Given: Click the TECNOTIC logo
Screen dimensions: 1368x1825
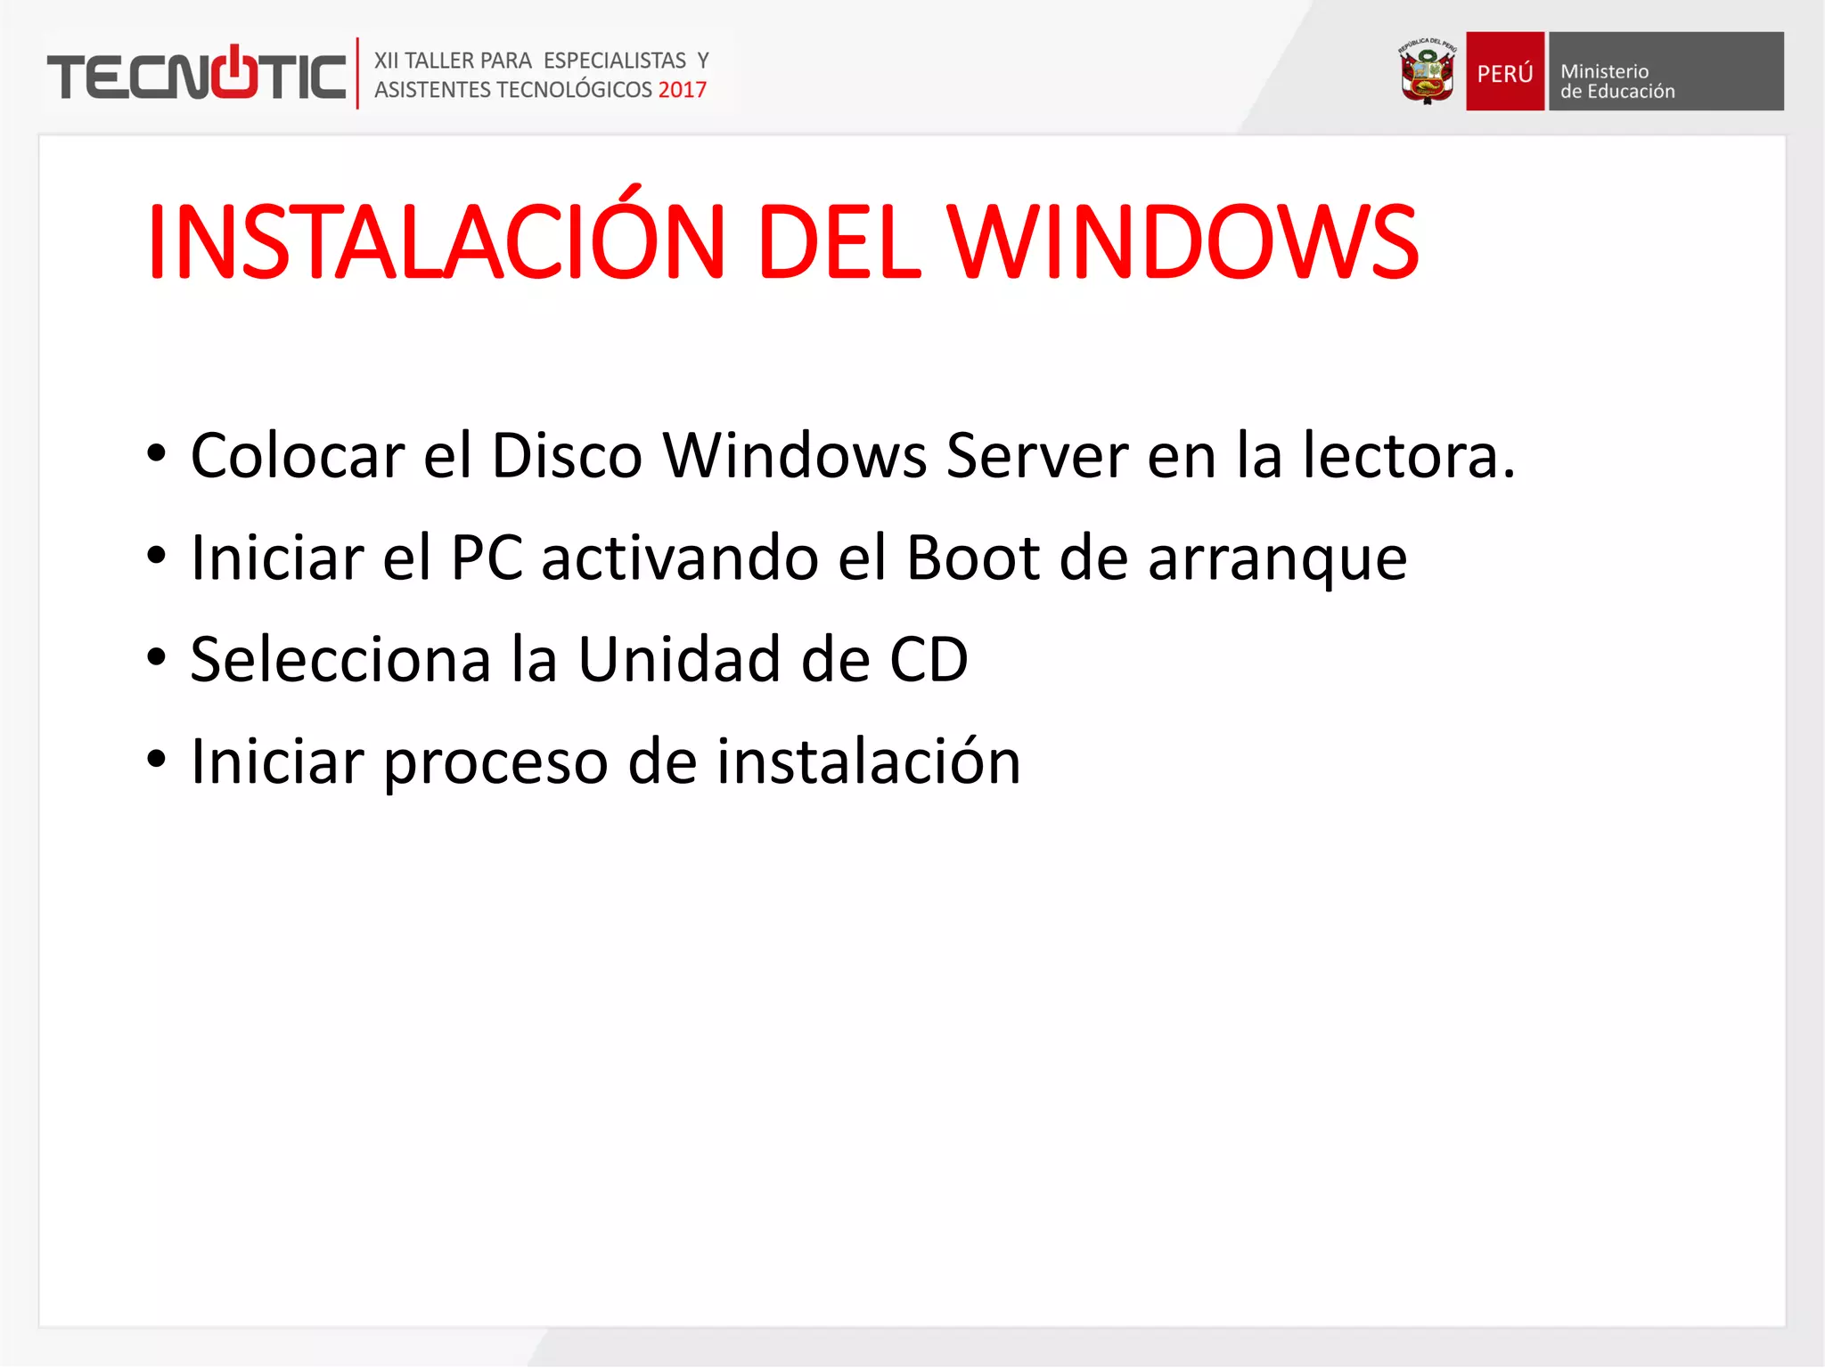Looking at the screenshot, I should [x=196, y=75].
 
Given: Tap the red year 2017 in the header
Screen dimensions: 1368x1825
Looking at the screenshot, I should [x=682, y=90].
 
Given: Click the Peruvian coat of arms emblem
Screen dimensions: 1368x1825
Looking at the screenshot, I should [x=1427, y=72].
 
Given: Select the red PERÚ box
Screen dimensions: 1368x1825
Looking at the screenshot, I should [x=1504, y=72].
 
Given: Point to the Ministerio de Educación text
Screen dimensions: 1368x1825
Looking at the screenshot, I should [x=1616, y=81].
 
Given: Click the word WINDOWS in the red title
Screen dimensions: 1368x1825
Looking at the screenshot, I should [x=1182, y=242].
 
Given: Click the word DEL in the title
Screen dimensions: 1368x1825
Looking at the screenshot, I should [x=838, y=242].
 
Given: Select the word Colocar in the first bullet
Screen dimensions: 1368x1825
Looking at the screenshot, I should [x=298, y=456].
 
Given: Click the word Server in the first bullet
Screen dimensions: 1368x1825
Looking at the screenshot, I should [x=1036, y=456].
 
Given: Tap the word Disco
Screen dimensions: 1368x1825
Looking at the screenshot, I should [x=567, y=456].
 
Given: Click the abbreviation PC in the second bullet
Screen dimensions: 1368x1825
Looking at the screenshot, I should [x=487, y=558].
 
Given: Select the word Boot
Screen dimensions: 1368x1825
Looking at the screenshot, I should [x=973, y=558].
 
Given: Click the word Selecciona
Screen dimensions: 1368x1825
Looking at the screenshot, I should [x=340, y=660].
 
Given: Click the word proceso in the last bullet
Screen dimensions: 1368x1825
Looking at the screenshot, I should [x=496, y=764].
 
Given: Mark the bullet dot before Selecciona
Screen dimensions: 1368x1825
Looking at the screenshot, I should [x=157, y=658].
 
